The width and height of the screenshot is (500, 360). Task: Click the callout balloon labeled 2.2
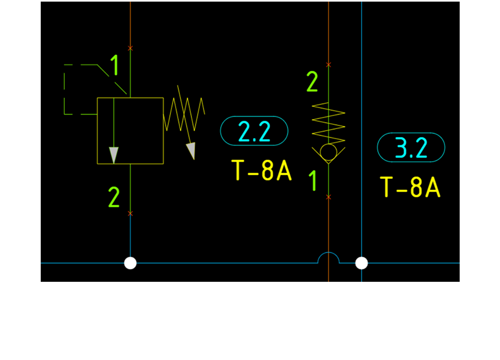point(254,131)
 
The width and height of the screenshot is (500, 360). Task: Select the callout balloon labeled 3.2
point(411,147)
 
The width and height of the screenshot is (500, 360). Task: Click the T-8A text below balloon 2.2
point(262,170)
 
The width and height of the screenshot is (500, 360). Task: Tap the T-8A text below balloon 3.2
point(411,187)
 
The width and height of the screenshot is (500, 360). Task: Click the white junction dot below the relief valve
point(130,263)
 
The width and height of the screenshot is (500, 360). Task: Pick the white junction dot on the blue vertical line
point(362,263)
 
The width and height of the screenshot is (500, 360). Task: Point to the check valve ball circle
point(329,152)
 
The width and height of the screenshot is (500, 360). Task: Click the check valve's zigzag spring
point(329,122)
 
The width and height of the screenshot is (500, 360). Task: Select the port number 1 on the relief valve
point(115,65)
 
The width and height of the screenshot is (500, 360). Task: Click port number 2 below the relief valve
point(114,198)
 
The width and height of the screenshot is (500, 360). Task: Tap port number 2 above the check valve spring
point(312,82)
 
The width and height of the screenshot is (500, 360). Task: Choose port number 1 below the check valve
point(314,181)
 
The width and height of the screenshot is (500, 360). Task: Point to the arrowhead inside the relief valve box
point(114,155)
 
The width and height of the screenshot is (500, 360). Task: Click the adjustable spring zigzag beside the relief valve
point(184,114)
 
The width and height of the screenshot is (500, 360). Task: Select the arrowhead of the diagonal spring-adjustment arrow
point(191,151)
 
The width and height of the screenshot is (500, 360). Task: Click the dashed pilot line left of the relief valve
point(65,89)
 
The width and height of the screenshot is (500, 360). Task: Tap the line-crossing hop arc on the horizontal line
point(329,258)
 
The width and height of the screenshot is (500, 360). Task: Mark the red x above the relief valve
point(130,48)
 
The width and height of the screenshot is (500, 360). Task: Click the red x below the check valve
point(329,197)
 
